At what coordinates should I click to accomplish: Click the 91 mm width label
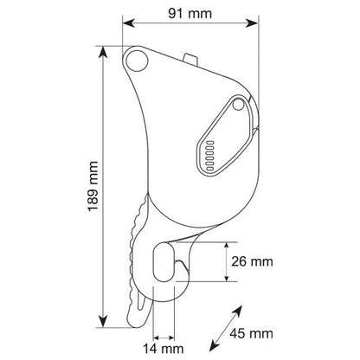(190, 14)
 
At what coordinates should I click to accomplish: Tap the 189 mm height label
(93, 186)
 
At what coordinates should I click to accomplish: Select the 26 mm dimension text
(252, 261)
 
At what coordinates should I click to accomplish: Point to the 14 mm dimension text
(164, 349)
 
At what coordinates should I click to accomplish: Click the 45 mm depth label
(251, 333)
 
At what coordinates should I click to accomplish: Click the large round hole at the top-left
(137, 61)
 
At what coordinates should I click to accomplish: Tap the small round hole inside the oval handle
(238, 105)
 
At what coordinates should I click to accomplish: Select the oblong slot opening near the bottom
(164, 261)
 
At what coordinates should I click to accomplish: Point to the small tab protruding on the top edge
(190, 58)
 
